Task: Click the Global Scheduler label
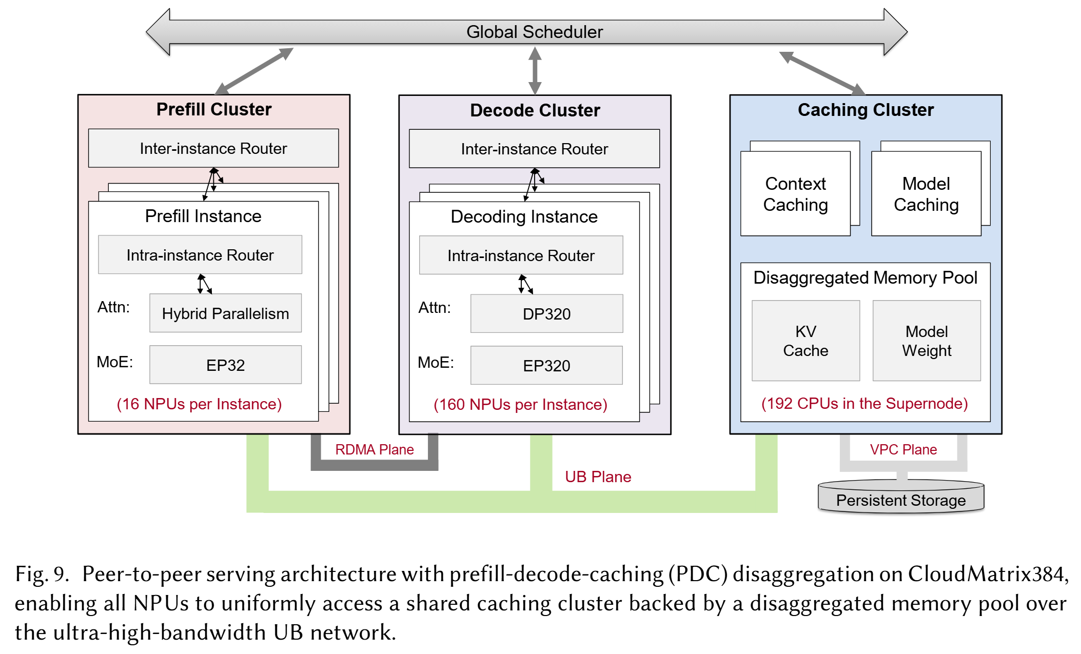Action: (x=534, y=32)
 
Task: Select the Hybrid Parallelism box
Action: (x=225, y=313)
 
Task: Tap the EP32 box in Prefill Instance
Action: (x=225, y=365)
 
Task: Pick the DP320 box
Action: (x=546, y=314)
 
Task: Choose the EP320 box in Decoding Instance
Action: (x=546, y=366)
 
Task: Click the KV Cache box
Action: (x=805, y=341)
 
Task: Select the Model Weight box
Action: (x=927, y=341)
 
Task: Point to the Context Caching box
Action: (x=795, y=194)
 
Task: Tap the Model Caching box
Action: (x=926, y=194)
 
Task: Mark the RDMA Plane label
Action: (x=375, y=450)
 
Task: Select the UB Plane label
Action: (x=598, y=477)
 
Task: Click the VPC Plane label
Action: (x=903, y=450)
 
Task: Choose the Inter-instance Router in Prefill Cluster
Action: (x=213, y=148)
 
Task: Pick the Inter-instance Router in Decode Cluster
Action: (x=534, y=149)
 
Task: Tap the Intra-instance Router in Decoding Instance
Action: (x=521, y=255)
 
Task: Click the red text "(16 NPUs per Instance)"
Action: (x=199, y=404)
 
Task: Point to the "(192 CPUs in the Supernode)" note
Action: (x=864, y=404)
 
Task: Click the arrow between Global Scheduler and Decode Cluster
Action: (x=535, y=71)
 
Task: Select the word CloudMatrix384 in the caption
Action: (x=988, y=574)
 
